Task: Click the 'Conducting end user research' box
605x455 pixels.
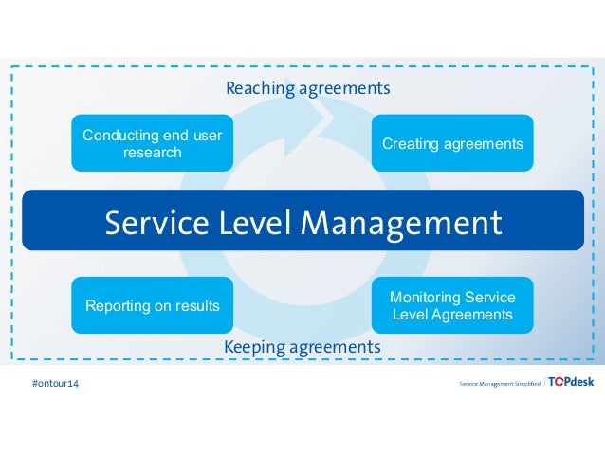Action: pyautogui.click(x=152, y=143)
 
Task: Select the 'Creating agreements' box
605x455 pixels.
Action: pyautogui.click(x=451, y=143)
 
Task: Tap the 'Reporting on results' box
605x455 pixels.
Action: pyautogui.click(x=152, y=305)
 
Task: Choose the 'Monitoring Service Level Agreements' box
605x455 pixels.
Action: pyautogui.click(x=451, y=305)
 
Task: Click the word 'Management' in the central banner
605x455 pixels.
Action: pyautogui.click(x=401, y=224)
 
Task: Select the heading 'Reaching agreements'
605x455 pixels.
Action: pyautogui.click(x=307, y=89)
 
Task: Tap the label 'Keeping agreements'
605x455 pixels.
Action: pyautogui.click(x=302, y=348)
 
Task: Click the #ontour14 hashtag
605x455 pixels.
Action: pyautogui.click(x=56, y=384)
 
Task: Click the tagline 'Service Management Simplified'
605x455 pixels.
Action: pyautogui.click(x=500, y=384)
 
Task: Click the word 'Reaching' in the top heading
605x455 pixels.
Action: pyautogui.click(x=259, y=89)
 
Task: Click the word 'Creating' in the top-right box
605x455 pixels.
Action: pyautogui.click(x=410, y=144)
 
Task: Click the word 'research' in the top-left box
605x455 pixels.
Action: pyautogui.click(x=152, y=153)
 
